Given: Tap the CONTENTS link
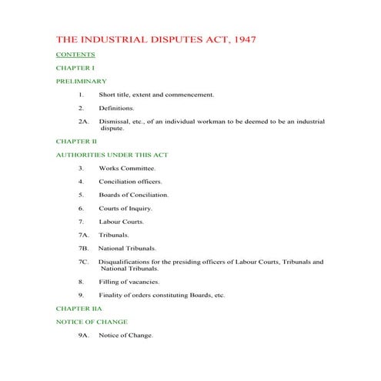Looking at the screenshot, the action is click(x=75, y=55).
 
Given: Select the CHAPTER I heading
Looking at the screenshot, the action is click(x=75, y=68).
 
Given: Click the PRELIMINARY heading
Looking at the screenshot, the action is click(x=82, y=81).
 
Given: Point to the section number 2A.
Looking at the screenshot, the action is click(x=85, y=122).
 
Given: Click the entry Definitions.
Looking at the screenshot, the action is click(x=116, y=108).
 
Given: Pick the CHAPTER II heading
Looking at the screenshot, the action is click(x=77, y=142).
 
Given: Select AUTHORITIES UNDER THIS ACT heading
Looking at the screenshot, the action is click(x=112, y=155).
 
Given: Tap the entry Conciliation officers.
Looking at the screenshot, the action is click(x=130, y=182).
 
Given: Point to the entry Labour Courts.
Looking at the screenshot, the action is click(x=121, y=222).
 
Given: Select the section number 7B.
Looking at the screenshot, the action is click(x=85, y=249).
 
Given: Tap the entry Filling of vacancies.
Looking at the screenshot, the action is click(x=129, y=282).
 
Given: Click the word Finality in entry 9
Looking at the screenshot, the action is click(x=111, y=296).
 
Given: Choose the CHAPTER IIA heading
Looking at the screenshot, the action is click(x=79, y=309).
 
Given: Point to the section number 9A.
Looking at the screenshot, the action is click(x=85, y=336).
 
